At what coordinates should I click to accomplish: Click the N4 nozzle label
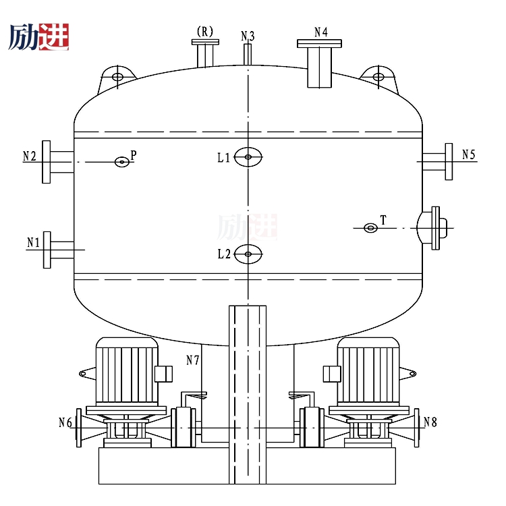[321, 32]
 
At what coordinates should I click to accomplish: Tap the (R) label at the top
[205, 32]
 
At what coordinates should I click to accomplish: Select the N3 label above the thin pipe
[248, 36]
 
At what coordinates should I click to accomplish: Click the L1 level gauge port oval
[248, 157]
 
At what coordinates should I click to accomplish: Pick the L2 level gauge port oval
[248, 254]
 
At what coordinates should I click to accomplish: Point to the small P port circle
[122, 162]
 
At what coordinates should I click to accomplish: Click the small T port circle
[370, 228]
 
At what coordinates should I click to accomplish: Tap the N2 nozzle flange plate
[47, 162]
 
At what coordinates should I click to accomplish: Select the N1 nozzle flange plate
[47, 250]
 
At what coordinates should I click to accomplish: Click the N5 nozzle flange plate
[449, 161]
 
